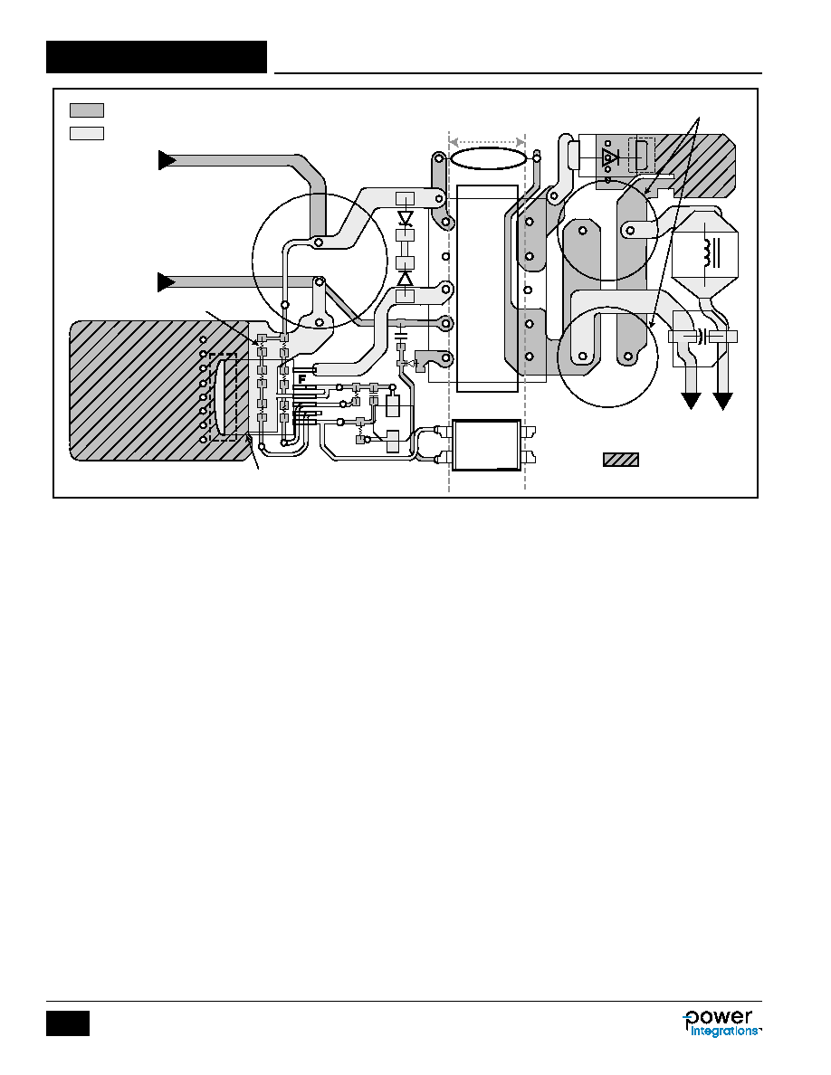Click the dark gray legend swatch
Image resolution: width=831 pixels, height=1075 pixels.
(x=86, y=110)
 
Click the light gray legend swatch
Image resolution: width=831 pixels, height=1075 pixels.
(x=86, y=133)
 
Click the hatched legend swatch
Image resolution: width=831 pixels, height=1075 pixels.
(x=620, y=460)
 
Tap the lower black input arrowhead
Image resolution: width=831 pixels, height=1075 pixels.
(x=167, y=281)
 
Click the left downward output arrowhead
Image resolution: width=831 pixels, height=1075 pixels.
(x=691, y=400)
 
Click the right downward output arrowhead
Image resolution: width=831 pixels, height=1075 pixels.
(x=722, y=400)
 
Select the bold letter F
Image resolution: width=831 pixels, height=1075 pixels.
(x=301, y=378)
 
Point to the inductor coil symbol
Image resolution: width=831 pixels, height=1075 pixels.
(x=704, y=253)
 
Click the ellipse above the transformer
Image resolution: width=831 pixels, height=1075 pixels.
(x=488, y=158)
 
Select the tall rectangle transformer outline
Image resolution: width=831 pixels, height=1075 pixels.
(x=487, y=289)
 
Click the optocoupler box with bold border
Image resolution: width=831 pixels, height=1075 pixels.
(x=486, y=445)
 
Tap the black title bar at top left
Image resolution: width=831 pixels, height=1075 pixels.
(x=157, y=57)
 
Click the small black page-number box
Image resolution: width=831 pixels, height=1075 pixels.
(x=68, y=1023)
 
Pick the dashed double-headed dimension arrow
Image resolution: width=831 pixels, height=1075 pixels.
(x=487, y=142)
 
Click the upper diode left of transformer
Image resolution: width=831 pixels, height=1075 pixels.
(x=406, y=219)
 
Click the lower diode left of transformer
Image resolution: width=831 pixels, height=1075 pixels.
(x=406, y=279)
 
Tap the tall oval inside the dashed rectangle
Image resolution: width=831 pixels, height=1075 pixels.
(x=223, y=397)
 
